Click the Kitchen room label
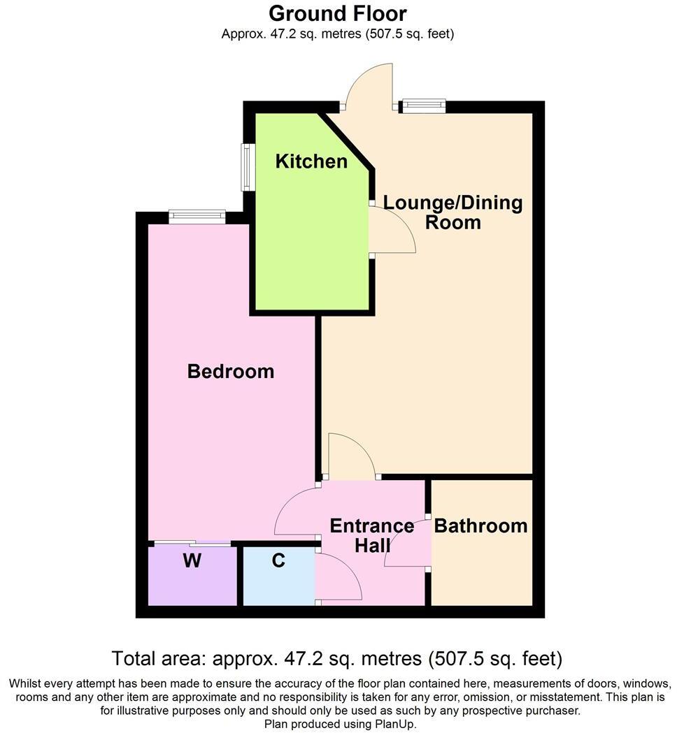point(311,161)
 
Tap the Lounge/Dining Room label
point(453,212)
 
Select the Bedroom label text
point(231,371)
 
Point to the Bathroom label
point(481,525)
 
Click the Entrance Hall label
point(372,535)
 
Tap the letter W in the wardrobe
point(192,560)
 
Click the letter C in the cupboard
point(278,560)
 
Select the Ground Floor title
point(338,13)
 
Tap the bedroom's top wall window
point(197,217)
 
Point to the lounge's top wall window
point(423,106)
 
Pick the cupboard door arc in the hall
point(339,574)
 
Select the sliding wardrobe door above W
point(192,543)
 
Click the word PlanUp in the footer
point(395,725)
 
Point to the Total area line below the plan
point(338,658)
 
